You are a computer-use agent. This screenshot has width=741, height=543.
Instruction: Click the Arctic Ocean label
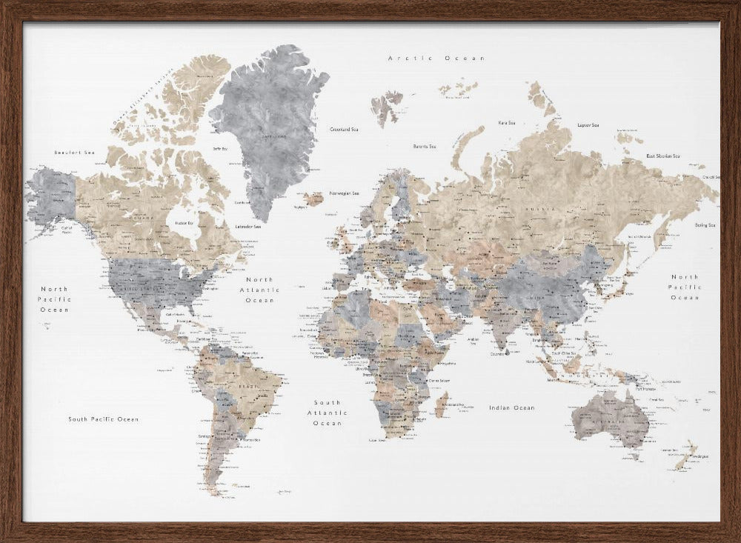436,58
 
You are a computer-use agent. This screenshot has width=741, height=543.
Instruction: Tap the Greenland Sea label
344,129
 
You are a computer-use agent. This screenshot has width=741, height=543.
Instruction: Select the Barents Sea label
425,147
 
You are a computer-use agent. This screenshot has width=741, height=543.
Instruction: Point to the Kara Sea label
507,123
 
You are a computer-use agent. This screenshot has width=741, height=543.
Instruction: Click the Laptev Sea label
588,125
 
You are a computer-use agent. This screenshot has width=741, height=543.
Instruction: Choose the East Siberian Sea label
663,156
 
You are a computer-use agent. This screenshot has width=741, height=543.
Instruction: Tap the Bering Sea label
705,225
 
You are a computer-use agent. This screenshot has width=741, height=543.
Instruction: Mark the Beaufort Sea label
75,153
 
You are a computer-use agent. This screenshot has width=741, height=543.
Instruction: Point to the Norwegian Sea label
344,193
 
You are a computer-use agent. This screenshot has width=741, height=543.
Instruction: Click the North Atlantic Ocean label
257,290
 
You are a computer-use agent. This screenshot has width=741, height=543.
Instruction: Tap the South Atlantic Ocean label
328,413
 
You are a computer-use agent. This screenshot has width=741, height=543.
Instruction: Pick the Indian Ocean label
511,407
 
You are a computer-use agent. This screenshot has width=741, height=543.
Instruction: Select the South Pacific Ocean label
104,419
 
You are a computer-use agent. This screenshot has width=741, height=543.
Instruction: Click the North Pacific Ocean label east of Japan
685,287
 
